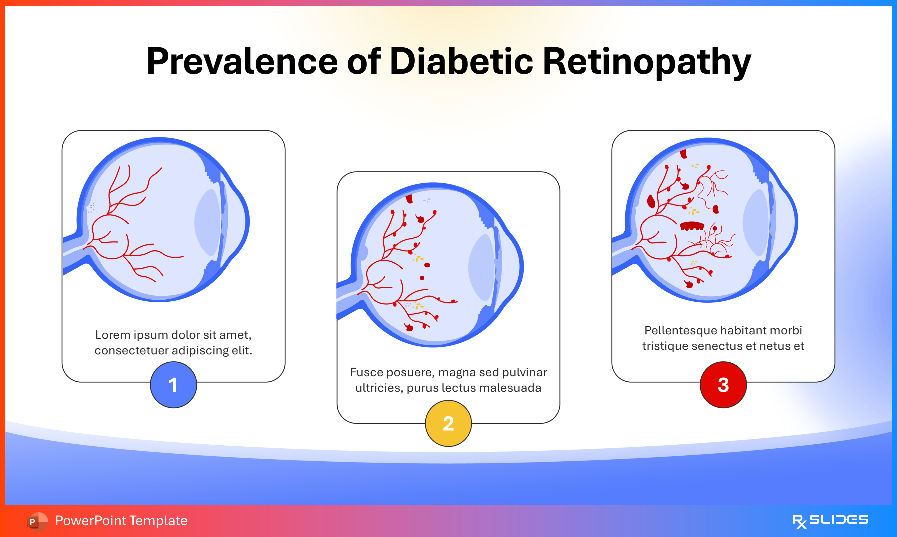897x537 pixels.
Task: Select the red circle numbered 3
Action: (x=723, y=385)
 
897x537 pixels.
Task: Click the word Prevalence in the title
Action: (x=242, y=61)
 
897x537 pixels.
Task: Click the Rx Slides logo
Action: (x=830, y=521)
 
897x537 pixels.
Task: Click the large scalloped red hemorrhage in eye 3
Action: (x=692, y=226)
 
